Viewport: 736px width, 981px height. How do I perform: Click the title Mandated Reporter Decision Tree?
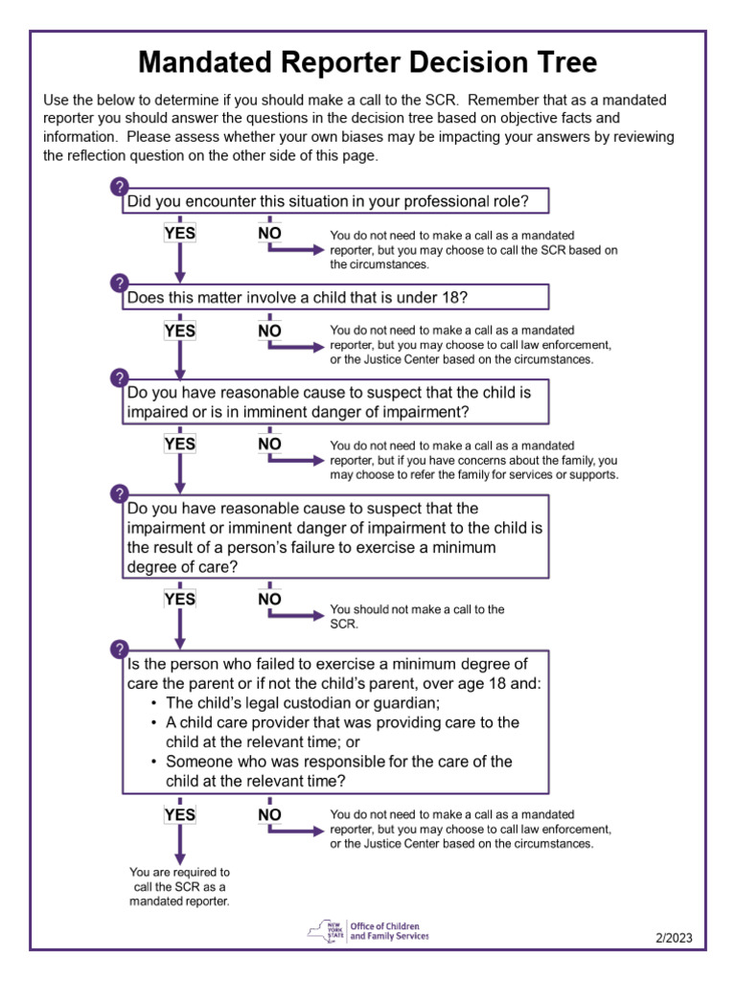point(368,63)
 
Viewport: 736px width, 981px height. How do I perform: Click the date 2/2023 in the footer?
point(674,937)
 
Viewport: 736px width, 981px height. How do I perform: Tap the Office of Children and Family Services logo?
point(368,929)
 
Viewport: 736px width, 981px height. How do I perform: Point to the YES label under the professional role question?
point(179,233)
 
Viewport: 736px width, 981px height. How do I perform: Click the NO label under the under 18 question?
point(270,331)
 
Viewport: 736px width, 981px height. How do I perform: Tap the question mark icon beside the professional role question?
point(120,186)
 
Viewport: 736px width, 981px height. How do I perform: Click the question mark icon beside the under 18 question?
point(120,283)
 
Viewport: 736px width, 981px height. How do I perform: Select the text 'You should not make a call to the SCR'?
point(417,616)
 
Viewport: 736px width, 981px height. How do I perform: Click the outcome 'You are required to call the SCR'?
point(179,887)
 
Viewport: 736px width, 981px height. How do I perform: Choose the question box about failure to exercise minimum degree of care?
point(334,536)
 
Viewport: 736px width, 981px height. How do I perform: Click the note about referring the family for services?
point(473,460)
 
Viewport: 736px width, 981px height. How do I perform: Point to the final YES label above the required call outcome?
point(179,814)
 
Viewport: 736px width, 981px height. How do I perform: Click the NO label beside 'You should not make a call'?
point(270,599)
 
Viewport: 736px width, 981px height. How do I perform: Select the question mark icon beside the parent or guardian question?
point(120,650)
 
